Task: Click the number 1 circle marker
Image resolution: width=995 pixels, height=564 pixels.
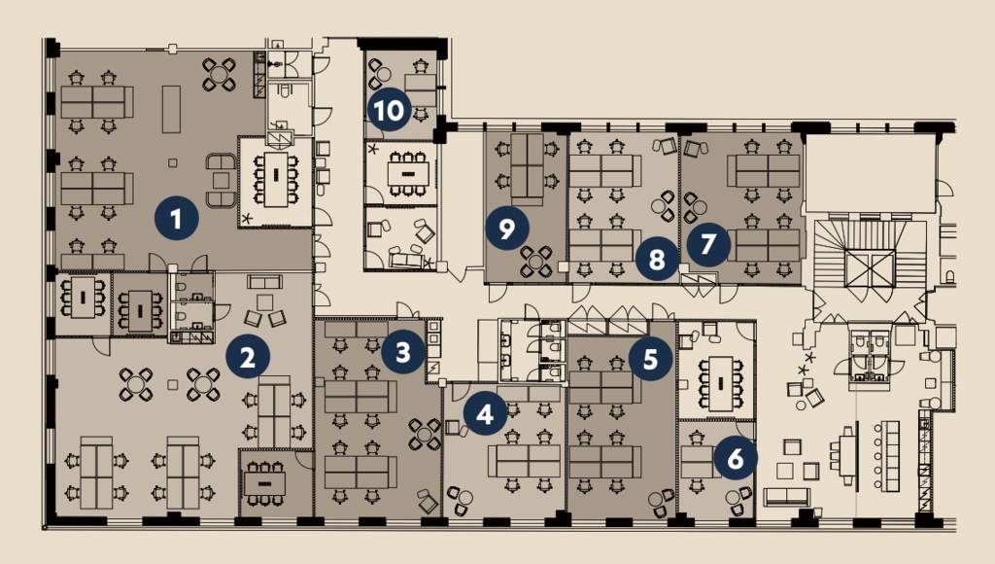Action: [177, 219]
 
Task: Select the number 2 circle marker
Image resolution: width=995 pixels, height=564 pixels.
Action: [248, 357]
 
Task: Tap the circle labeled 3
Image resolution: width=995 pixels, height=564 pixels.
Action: [403, 351]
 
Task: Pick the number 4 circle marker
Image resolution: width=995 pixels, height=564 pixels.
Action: [485, 414]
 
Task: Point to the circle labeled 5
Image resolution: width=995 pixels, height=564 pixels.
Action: [650, 359]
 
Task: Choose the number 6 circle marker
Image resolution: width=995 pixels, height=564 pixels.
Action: [735, 457]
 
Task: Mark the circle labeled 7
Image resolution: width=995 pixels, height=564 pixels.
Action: [707, 243]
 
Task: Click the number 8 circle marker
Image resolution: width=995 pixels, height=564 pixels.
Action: [657, 259]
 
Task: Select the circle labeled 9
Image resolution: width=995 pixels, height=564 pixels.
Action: [506, 228]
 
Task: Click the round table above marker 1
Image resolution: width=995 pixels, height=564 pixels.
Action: [220, 74]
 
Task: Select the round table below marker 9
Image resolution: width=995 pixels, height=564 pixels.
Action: [536, 262]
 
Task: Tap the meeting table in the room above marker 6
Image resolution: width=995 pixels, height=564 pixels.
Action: [720, 383]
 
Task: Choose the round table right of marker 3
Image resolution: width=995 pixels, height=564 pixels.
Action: [425, 435]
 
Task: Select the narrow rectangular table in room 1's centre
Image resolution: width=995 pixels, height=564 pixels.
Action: [171, 109]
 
